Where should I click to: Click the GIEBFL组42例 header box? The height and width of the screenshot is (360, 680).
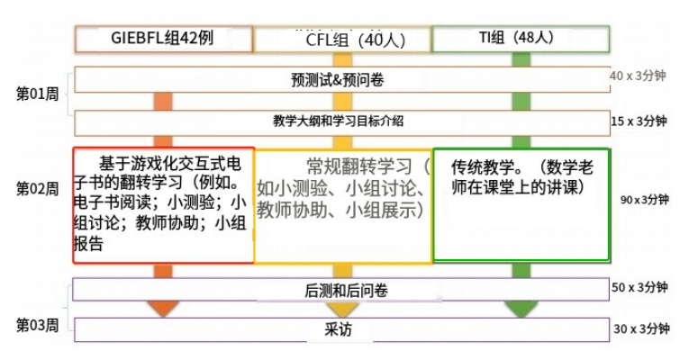pyautogui.click(x=163, y=39)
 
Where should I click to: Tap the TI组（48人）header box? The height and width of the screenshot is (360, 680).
pyautogui.click(x=521, y=39)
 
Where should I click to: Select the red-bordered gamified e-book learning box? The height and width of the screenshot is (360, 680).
pyautogui.click(x=163, y=204)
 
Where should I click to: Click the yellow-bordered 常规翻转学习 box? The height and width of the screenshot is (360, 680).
pyautogui.click(x=342, y=204)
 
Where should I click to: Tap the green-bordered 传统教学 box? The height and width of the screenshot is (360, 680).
pyautogui.click(x=521, y=204)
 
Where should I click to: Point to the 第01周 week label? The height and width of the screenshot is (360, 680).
pyautogui.click(x=37, y=93)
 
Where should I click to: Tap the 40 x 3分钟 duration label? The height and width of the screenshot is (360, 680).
pyautogui.click(x=639, y=76)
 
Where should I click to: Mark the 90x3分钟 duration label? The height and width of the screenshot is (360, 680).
pyautogui.click(x=645, y=200)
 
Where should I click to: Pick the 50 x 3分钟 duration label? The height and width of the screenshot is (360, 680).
pyautogui.click(x=639, y=287)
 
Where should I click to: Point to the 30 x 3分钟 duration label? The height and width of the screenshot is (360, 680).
pyautogui.click(x=639, y=329)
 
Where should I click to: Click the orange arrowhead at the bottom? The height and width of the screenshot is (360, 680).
pyautogui.click(x=163, y=309)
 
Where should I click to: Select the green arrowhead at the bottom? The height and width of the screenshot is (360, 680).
pyautogui.click(x=521, y=309)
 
